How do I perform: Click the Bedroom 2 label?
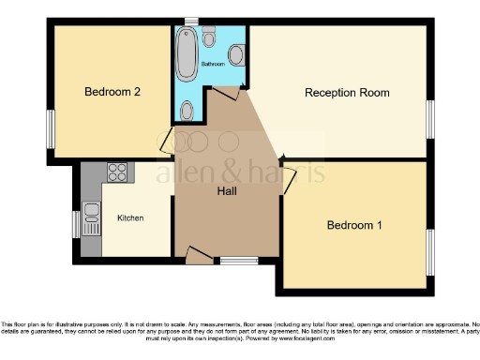112,92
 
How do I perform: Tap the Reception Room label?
347,93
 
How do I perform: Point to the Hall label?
227,191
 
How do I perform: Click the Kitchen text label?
130,217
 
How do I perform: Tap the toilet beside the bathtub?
208,39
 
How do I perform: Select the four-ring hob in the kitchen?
118,172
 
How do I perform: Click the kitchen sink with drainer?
91,218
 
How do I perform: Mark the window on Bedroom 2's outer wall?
51,128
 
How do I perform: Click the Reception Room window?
430,119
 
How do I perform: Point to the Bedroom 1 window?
430,251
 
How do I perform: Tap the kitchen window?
77,224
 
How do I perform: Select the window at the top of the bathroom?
190,22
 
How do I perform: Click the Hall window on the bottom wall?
238,261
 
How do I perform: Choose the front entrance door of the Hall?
198,255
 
